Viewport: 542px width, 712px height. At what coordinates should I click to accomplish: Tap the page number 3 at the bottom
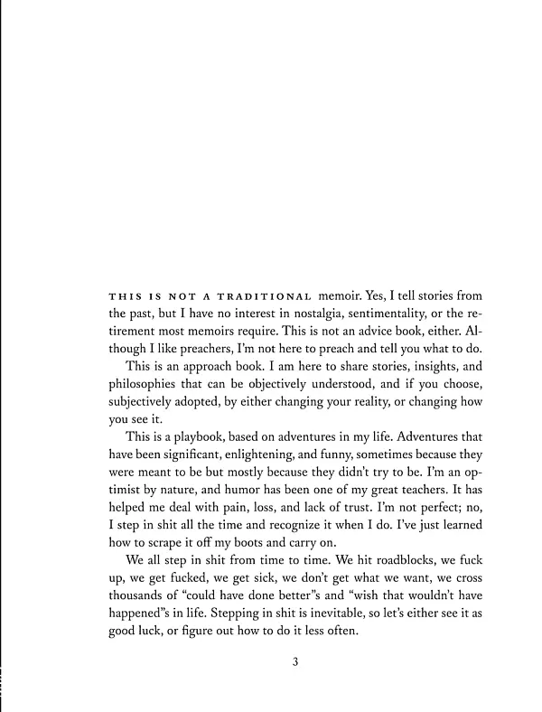pos(294,661)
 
